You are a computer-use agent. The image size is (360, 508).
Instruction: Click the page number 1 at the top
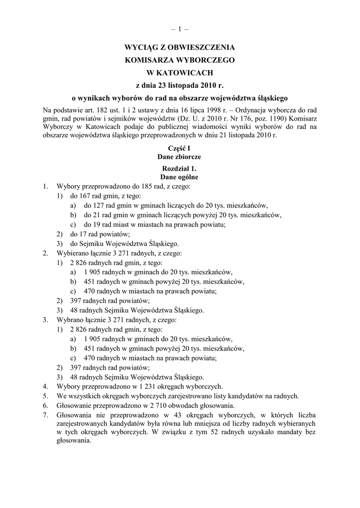179,29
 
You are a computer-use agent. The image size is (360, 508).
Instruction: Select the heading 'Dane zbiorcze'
179,156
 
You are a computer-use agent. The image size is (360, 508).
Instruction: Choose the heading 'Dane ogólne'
179,177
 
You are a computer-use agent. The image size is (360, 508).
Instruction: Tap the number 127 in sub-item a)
97,205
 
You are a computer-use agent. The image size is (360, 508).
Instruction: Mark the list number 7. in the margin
46,415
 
